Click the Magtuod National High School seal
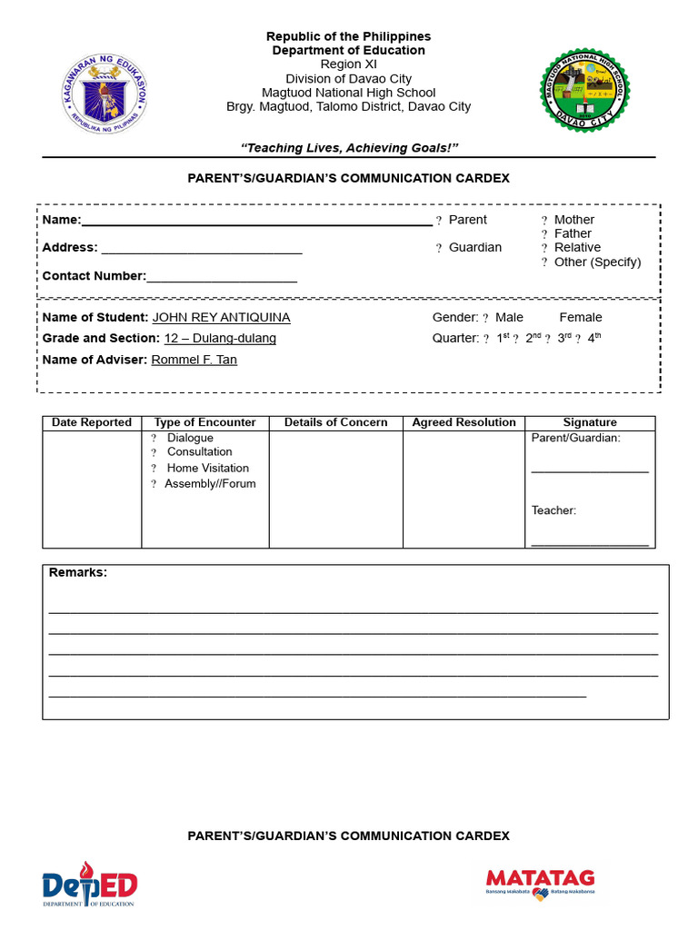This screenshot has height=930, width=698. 584,92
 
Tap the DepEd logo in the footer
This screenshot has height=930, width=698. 89,885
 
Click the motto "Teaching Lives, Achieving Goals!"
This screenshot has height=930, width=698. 349,148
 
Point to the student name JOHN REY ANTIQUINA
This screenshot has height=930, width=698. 221,318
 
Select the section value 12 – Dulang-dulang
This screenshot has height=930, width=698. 220,339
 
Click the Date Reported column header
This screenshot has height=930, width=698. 92,423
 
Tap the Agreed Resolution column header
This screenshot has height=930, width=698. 464,423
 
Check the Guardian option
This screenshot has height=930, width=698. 439,248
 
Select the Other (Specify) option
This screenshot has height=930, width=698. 544,262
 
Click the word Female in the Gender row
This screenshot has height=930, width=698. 580,318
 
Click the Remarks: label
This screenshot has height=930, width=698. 77,573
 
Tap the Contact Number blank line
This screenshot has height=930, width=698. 222,276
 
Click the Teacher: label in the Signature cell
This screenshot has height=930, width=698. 553,510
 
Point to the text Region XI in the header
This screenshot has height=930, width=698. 348,64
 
